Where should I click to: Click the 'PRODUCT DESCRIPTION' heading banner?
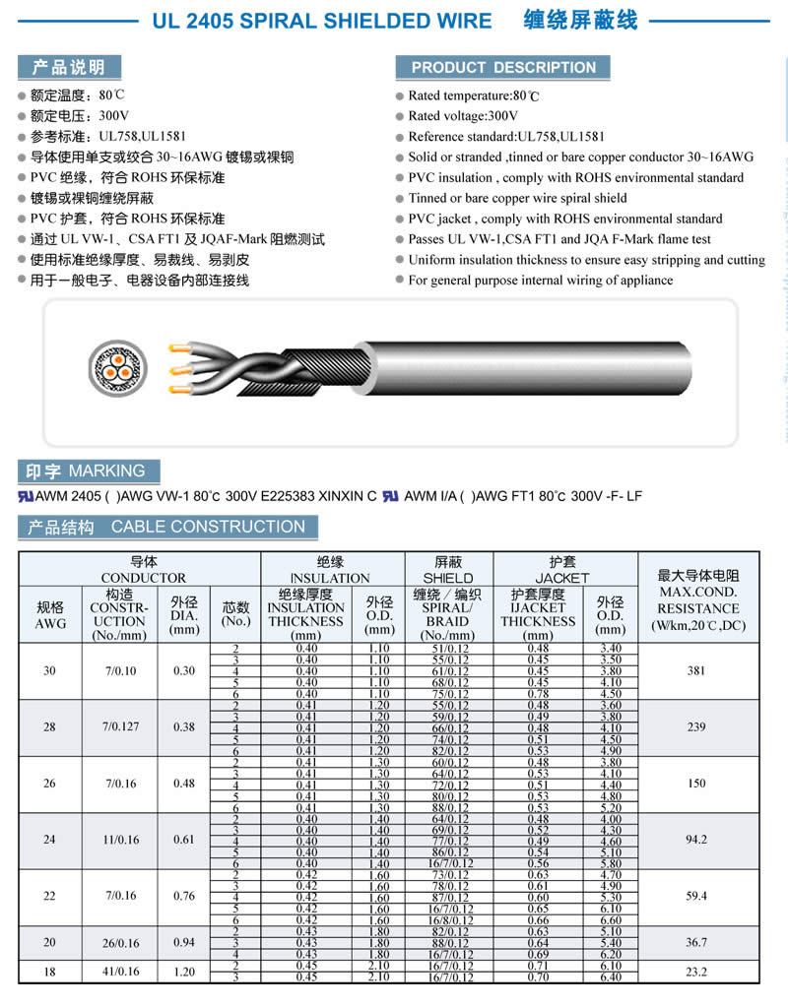point(503,68)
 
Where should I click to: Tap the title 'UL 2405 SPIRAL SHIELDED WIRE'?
point(322,20)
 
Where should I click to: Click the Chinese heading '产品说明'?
point(69,68)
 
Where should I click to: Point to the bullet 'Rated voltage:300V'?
point(463,116)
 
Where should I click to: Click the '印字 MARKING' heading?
point(87,472)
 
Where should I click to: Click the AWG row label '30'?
point(50,671)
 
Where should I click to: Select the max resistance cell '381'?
point(697,671)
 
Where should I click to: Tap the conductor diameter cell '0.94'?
point(183,942)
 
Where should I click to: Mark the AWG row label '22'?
point(50,896)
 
